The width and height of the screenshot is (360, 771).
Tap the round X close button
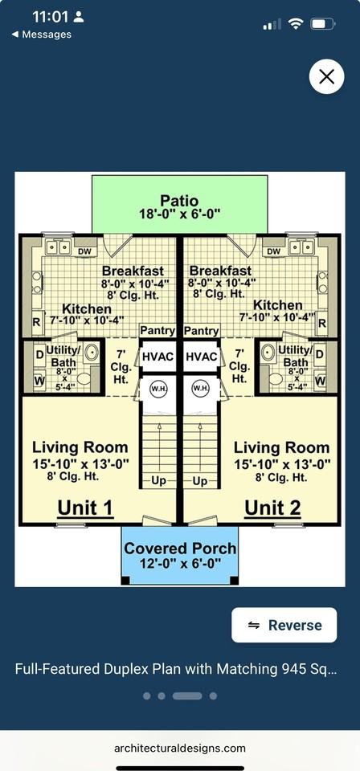(x=326, y=76)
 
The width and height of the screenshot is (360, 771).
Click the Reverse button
(x=284, y=625)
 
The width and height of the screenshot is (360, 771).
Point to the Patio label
(x=179, y=201)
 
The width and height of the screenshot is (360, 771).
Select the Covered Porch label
(x=180, y=549)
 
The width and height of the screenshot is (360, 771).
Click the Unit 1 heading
(x=86, y=508)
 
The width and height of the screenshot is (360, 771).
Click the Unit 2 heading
(x=272, y=508)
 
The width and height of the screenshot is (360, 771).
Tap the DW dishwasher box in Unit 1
(x=85, y=251)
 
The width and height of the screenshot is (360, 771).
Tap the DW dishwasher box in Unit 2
(x=273, y=251)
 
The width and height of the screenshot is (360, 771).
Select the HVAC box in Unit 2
(x=202, y=357)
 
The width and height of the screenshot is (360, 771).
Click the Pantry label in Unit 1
(x=157, y=330)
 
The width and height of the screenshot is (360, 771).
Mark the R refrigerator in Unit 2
(x=322, y=323)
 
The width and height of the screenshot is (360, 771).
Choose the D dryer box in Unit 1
(x=39, y=353)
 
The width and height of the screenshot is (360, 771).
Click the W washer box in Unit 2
(x=320, y=380)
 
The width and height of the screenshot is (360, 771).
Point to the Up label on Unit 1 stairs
(x=158, y=480)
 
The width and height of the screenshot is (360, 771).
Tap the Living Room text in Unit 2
(x=281, y=447)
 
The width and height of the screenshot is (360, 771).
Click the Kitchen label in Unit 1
(x=87, y=308)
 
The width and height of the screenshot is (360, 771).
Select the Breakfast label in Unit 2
(x=220, y=271)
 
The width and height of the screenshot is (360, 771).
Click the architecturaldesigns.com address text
(x=180, y=749)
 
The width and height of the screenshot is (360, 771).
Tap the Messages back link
(x=41, y=35)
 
